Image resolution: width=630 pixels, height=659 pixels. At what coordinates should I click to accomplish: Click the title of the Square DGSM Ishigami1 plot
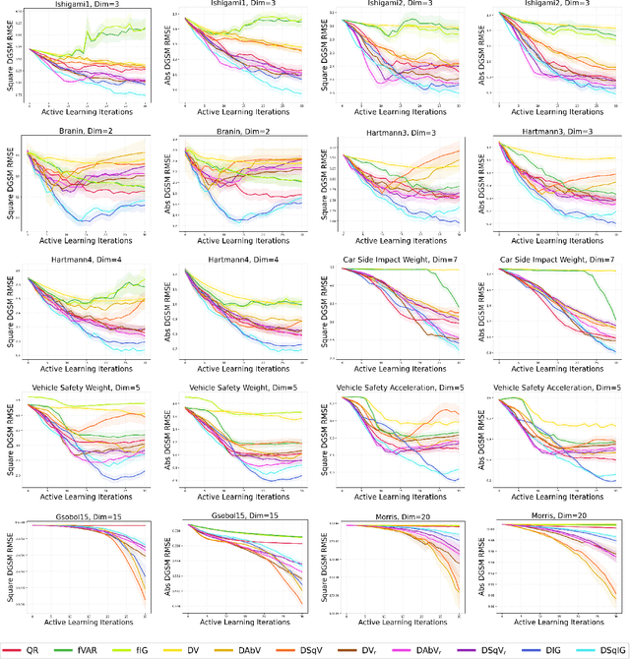coord(83,7)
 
